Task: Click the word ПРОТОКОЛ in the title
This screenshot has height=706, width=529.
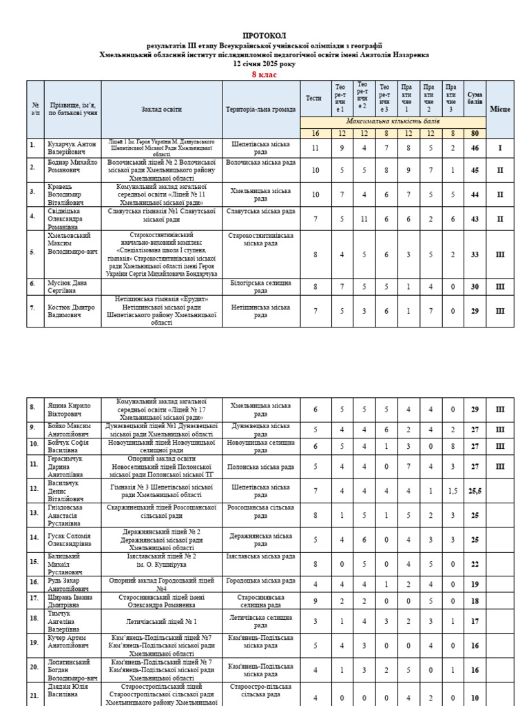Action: tap(264, 35)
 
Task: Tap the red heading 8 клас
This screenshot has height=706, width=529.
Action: tap(264, 74)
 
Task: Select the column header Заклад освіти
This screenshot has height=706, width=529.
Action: tap(162, 110)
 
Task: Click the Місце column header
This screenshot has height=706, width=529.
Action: tap(500, 110)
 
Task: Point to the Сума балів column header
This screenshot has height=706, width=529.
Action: tap(475, 99)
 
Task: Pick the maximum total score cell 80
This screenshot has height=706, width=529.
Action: tap(475, 133)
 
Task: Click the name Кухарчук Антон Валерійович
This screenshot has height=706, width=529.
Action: tap(67, 148)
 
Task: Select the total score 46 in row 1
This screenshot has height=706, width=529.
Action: tap(475, 148)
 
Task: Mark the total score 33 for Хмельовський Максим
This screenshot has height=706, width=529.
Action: tap(475, 254)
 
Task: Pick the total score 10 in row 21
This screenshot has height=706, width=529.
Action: tap(475, 697)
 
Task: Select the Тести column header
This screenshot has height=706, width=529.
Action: tap(314, 99)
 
